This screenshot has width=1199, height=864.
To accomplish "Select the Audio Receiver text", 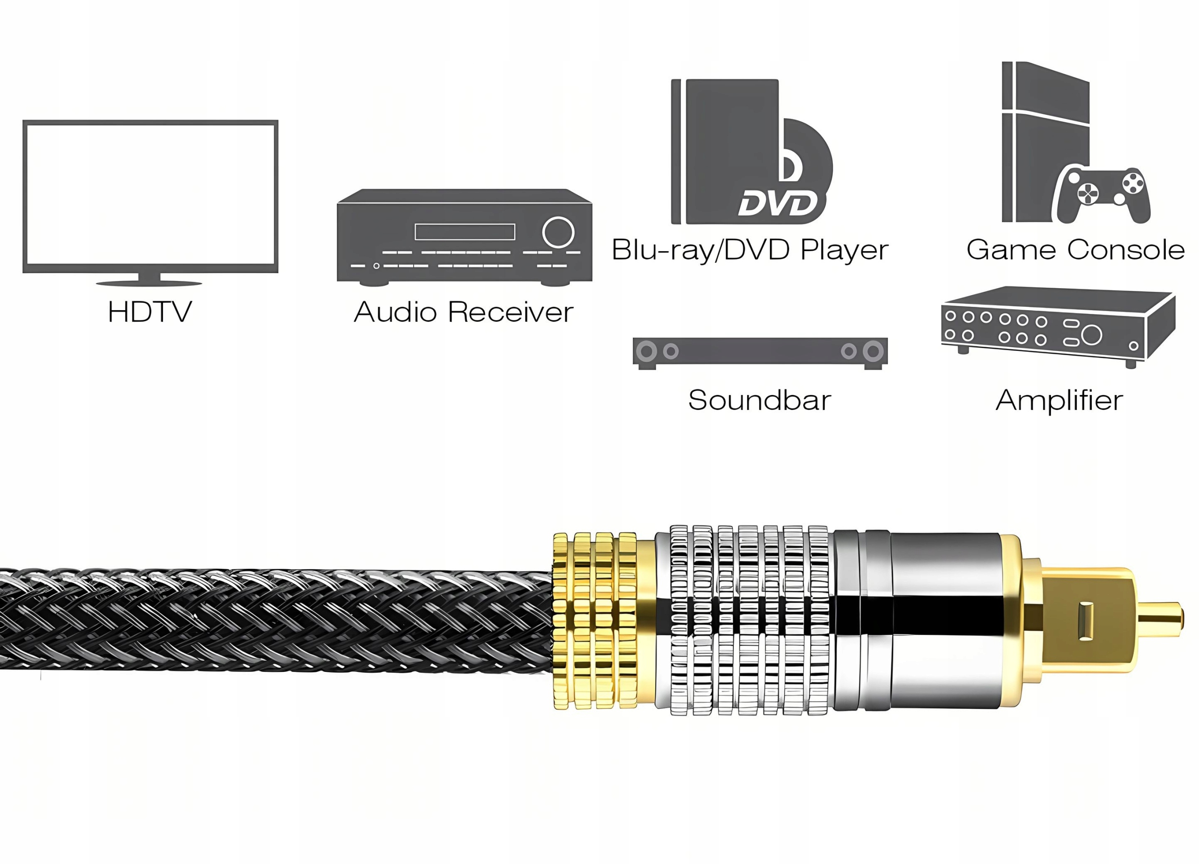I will tap(464, 312).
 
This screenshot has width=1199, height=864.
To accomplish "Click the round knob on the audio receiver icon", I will tap(558, 232).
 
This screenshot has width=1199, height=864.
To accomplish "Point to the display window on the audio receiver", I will tap(465, 231).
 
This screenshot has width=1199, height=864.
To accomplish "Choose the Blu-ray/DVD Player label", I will tap(750, 250).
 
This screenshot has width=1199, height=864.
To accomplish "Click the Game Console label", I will tap(1075, 250).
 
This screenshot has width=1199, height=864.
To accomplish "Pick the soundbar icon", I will tap(760, 351).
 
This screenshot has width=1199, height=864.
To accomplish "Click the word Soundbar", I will tap(760, 400).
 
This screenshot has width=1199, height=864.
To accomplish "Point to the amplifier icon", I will tap(1057, 325).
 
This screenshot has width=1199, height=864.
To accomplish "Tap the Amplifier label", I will tap(1059, 400).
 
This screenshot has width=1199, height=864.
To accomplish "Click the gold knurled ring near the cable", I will tap(595, 620).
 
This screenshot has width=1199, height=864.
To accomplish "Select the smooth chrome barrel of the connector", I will tap(946, 620).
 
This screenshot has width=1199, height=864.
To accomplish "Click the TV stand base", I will tap(149, 282).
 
